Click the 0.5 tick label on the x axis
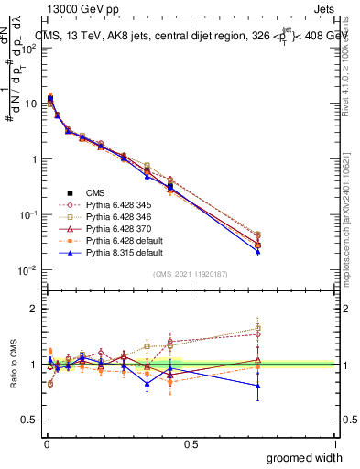click(x=191, y=443)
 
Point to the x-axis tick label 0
click(x=46, y=443)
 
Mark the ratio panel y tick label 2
click(x=33, y=309)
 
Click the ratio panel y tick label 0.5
click(x=29, y=420)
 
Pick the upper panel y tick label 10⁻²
click(x=28, y=270)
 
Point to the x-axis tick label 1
click(x=335, y=443)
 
